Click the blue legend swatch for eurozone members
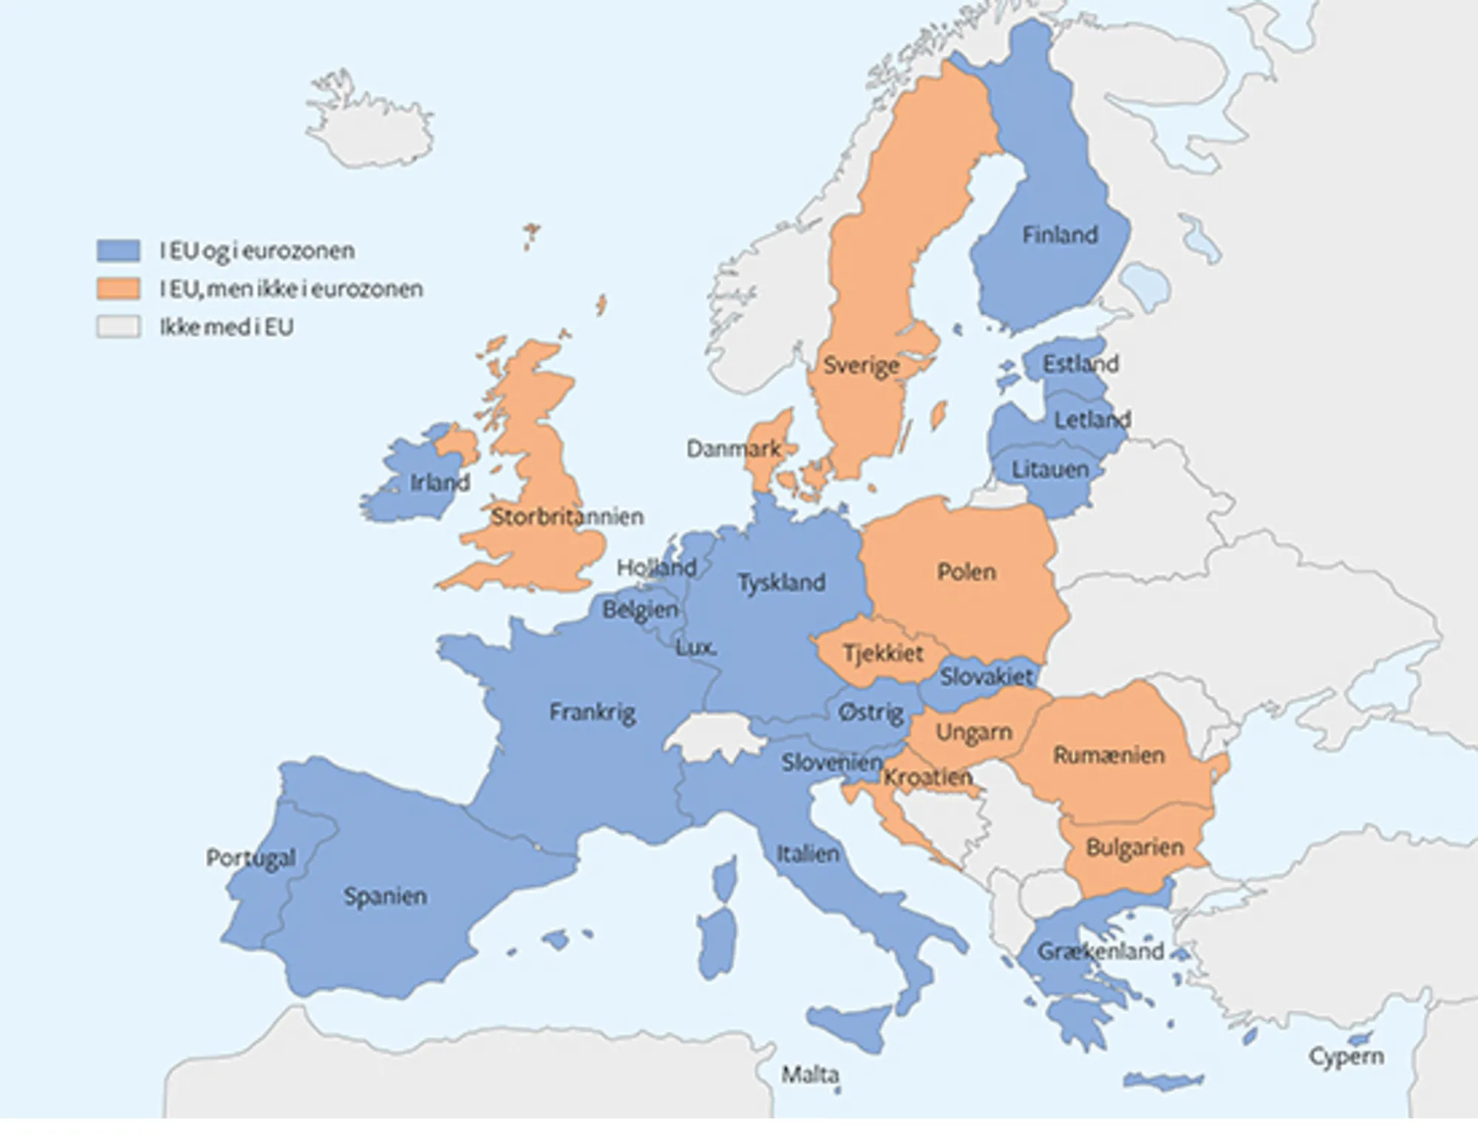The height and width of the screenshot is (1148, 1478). (x=118, y=250)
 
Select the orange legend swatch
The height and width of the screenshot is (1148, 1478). (x=118, y=288)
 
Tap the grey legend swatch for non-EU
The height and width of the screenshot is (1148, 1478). (x=118, y=327)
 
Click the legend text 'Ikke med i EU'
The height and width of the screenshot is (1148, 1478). (x=226, y=327)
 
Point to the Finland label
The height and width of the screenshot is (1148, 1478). (x=1060, y=235)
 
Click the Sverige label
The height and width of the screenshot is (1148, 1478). (x=861, y=365)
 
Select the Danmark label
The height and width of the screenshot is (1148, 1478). (x=733, y=449)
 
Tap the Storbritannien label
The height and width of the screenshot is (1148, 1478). (x=567, y=517)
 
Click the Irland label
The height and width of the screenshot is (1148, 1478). (x=440, y=483)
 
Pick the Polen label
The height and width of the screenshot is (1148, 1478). (x=966, y=571)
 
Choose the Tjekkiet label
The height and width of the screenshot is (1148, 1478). (x=883, y=653)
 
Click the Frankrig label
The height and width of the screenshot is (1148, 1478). (x=592, y=713)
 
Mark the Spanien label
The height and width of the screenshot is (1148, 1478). (x=385, y=897)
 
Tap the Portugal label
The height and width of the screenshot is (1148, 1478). (x=251, y=857)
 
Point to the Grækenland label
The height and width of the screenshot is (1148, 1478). (x=1100, y=951)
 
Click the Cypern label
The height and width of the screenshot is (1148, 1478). (x=1346, y=1056)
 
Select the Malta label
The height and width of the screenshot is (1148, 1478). (x=810, y=1074)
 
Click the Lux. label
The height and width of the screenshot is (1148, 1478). (x=695, y=648)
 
